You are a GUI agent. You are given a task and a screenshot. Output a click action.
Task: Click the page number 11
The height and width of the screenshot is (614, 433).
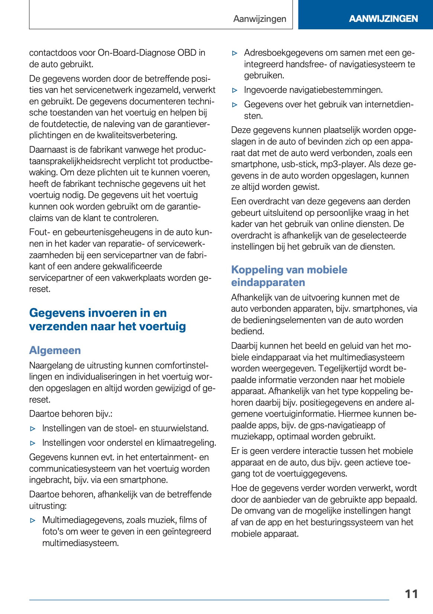411,594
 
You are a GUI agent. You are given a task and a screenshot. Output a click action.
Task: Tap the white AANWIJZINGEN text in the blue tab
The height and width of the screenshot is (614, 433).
383,19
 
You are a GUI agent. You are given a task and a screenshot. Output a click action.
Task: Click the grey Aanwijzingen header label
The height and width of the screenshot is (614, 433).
259,19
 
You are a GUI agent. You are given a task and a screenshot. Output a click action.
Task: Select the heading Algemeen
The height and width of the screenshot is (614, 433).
55,350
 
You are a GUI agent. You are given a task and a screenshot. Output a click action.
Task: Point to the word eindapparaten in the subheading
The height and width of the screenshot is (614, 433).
268,282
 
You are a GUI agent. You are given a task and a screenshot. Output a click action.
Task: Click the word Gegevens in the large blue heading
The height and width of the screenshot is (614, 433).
57,313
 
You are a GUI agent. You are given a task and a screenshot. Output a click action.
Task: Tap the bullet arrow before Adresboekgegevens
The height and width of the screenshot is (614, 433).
235,53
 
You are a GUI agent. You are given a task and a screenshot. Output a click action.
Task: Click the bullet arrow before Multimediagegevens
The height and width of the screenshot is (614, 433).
33,520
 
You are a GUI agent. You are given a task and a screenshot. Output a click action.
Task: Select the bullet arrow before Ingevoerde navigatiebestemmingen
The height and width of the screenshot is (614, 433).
235,90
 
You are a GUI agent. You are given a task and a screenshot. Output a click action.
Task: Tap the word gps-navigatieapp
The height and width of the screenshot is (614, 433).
342,425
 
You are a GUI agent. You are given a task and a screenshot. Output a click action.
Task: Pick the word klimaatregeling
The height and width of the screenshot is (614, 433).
186,443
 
